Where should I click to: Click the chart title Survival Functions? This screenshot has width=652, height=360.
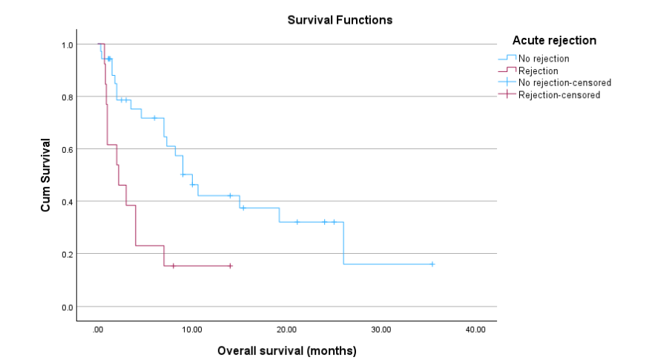pos(340,20)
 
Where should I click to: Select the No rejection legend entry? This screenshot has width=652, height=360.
pos(544,58)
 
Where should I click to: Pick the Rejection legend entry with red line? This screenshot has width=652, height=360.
pos(538,71)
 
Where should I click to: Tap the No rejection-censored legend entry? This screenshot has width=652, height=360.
pos(564,82)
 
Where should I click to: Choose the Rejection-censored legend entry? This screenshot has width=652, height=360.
pos(559,95)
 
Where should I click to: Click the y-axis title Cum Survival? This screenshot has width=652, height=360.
pos(46,175)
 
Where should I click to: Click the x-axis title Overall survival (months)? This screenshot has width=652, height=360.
pos(286,350)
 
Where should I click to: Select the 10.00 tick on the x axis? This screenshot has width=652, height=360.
pos(192,330)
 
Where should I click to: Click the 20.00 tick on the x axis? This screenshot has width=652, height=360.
pos(286,330)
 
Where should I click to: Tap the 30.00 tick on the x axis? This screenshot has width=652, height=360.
pos(381,330)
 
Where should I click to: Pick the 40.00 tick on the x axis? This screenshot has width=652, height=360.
pos(475,330)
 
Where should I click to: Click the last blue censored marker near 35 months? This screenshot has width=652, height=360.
pos(432,264)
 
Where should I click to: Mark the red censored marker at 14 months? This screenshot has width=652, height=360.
pos(230,266)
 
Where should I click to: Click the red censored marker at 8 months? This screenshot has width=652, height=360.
pos(174,266)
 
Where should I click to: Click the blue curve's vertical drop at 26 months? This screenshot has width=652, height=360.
pos(343,243)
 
